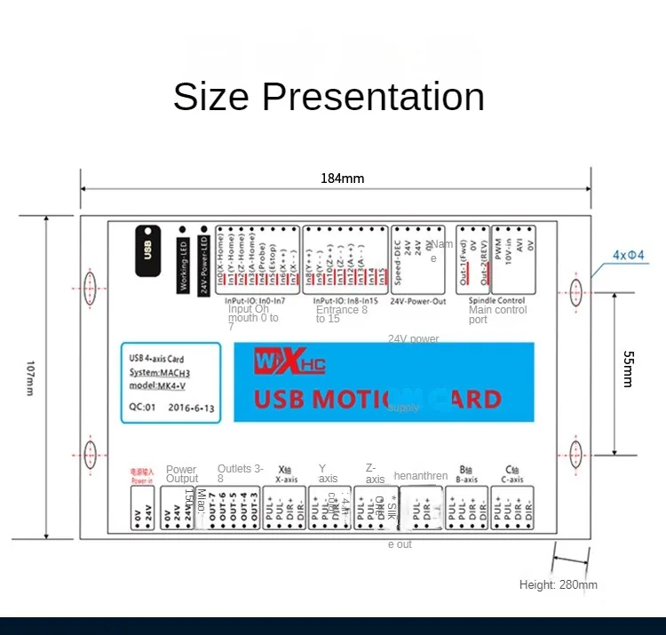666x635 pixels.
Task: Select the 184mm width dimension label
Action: tap(342, 179)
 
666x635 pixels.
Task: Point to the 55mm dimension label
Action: tap(627, 369)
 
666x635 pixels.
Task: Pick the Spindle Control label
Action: tap(497, 301)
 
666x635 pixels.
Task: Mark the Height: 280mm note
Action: tap(558, 584)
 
